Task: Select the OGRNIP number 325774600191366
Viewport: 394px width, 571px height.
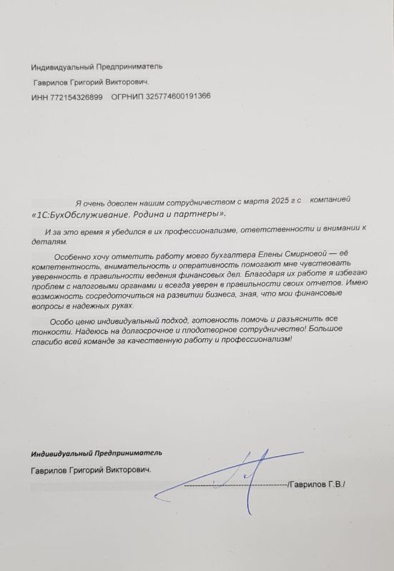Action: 175,96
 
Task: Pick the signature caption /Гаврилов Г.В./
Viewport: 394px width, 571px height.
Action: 315,485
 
